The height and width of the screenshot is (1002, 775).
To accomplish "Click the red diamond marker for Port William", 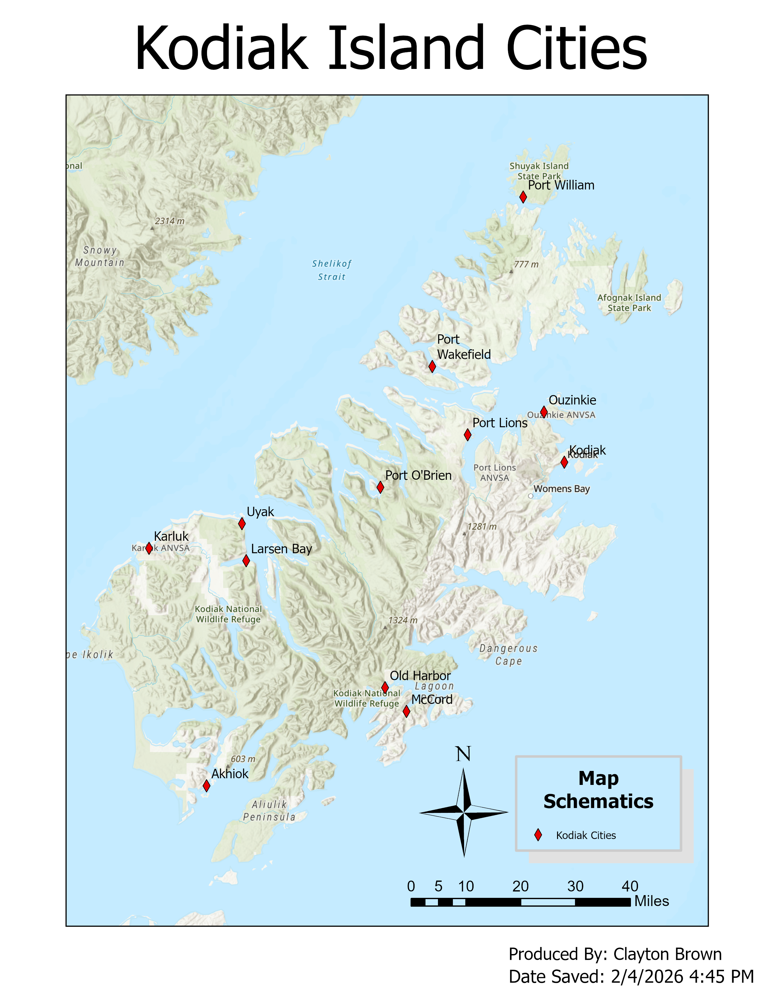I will [x=523, y=197].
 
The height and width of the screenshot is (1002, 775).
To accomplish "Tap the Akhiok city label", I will [x=229, y=774].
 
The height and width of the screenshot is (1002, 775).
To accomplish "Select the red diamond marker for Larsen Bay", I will [x=246, y=561].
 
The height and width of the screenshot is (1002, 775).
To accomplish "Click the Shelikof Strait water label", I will [x=332, y=270].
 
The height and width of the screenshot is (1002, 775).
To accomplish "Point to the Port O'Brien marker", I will [x=380, y=487].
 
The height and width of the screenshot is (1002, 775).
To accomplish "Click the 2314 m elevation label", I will [x=169, y=221].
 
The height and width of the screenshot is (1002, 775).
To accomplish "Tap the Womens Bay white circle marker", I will [x=531, y=496].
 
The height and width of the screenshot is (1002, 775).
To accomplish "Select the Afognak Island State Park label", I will [x=629, y=303].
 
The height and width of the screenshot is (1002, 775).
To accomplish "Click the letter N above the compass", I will [x=463, y=754].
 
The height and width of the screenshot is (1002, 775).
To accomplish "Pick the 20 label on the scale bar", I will [x=520, y=886].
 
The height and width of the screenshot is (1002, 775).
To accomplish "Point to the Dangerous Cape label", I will [x=508, y=655].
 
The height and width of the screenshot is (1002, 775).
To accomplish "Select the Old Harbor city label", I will [x=420, y=676].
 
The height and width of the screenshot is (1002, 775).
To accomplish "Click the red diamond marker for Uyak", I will [x=242, y=523].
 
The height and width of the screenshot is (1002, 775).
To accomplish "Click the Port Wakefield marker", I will [x=432, y=366].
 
